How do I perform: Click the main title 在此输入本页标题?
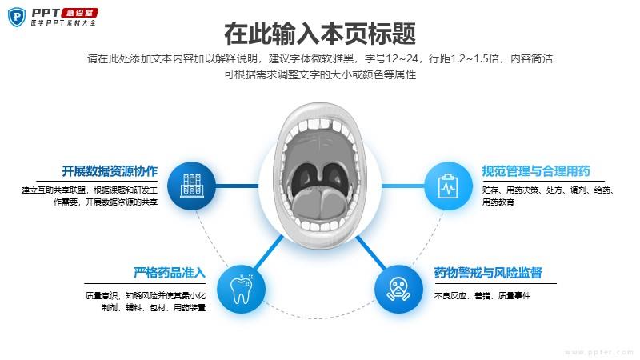coord(320,34)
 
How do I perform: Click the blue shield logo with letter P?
coord(17,17)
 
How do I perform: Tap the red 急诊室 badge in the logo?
coord(79,13)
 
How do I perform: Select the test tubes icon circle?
coord(191,186)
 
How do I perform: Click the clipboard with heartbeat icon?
coord(448,186)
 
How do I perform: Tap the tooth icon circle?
coord(241,290)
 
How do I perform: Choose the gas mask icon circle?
coord(398,290)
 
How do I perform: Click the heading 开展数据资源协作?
coord(110,171)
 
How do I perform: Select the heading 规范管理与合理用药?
coord(536,171)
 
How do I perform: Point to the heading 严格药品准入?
coord(170,273)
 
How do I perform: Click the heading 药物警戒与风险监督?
coord(488,273)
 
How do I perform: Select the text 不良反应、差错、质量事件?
coord(482,295)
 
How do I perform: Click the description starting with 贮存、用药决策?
coord(548,196)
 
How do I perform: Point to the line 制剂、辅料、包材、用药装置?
coord(154,307)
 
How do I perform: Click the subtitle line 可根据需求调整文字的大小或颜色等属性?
coord(320,74)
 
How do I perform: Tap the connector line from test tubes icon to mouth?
coord(237,186)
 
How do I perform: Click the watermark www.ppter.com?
coord(599,352)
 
